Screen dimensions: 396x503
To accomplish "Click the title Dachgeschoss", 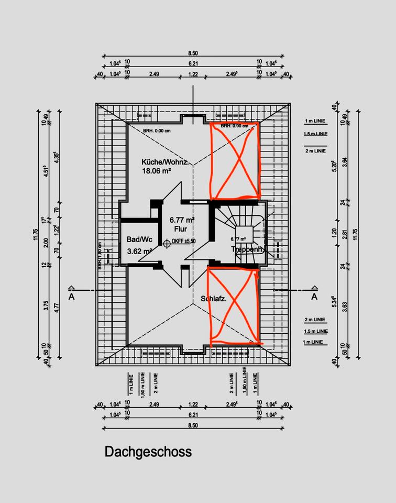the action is pos(148,452).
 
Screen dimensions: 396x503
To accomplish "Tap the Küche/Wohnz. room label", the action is pos(165,162).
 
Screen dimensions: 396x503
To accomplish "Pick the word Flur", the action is pos(181,229).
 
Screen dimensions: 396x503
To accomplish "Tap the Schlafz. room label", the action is pos(213,299).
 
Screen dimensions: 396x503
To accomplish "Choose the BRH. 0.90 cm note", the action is pos(234,126).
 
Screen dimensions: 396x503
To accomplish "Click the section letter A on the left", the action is pos(71,297).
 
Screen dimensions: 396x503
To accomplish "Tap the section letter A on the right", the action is pos(314,297).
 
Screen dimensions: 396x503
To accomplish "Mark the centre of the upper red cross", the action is pos(234,161).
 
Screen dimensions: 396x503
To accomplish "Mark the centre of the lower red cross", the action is pos(234,307).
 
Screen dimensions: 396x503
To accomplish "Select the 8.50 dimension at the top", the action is pos(193,53).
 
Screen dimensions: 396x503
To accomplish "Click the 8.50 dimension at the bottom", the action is pos(193,425).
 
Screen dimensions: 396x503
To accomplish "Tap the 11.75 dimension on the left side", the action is pos(36,234).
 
